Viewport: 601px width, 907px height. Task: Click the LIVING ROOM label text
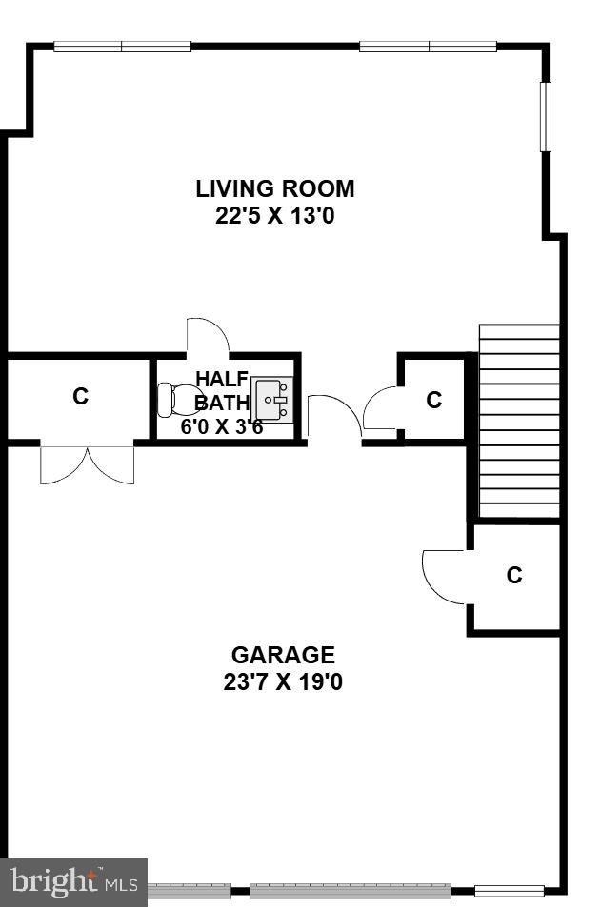pyautogui.click(x=275, y=188)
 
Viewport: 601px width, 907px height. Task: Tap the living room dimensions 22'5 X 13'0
pyautogui.click(x=275, y=216)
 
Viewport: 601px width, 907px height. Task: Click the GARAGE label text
pyautogui.click(x=283, y=655)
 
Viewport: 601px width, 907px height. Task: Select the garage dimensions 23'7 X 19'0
pyautogui.click(x=283, y=682)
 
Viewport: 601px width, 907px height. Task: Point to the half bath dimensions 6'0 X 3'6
pyautogui.click(x=222, y=426)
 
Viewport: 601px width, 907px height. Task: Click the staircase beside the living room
pyautogui.click(x=519, y=419)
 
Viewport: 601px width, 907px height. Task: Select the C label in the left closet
pyautogui.click(x=81, y=396)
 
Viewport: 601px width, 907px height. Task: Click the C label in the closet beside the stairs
pyautogui.click(x=434, y=400)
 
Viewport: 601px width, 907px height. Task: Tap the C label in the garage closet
pyautogui.click(x=514, y=575)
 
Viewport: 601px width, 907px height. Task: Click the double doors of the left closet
pyautogui.click(x=87, y=463)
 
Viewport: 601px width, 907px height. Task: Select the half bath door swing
pyautogui.click(x=207, y=335)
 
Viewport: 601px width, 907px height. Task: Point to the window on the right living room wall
pyautogui.click(x=546, y=116)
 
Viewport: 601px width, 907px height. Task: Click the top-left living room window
pyautogui.click(x=122, y=46)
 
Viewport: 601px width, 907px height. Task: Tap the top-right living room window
pyautogui.click(x=428, y=46)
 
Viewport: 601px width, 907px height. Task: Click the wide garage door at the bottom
pyautogui.click(x=350, y=892)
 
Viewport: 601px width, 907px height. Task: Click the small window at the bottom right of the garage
pyautogui.click(x=509, y=892)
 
